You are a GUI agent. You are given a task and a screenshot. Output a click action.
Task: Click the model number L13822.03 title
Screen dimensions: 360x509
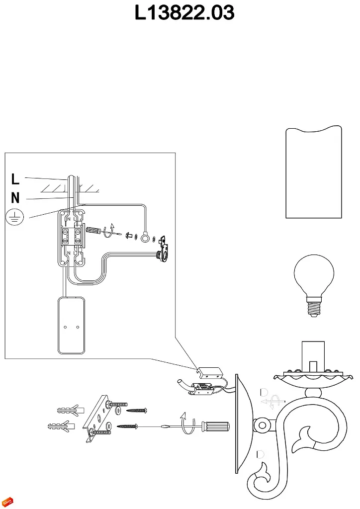184,13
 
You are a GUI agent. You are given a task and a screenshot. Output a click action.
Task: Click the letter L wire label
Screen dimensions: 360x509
15,179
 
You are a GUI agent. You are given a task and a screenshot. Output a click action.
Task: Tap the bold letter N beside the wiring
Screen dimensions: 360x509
15,198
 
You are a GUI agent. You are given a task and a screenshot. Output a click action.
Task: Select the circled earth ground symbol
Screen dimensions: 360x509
14,217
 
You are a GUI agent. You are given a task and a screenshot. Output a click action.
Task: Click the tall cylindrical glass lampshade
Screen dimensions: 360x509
314,171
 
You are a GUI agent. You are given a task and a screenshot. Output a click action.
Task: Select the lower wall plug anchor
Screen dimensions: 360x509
61,426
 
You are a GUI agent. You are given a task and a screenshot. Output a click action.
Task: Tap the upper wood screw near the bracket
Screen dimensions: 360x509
137,410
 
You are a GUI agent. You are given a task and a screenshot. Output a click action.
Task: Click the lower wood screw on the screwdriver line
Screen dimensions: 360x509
128,426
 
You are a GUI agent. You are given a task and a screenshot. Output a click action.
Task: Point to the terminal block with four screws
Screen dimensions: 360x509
72,236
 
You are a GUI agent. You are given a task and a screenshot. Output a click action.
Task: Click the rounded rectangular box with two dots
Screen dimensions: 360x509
72,326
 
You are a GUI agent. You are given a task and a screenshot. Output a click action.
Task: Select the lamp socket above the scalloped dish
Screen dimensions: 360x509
313,356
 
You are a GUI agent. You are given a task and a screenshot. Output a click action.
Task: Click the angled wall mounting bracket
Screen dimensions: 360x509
97,418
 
